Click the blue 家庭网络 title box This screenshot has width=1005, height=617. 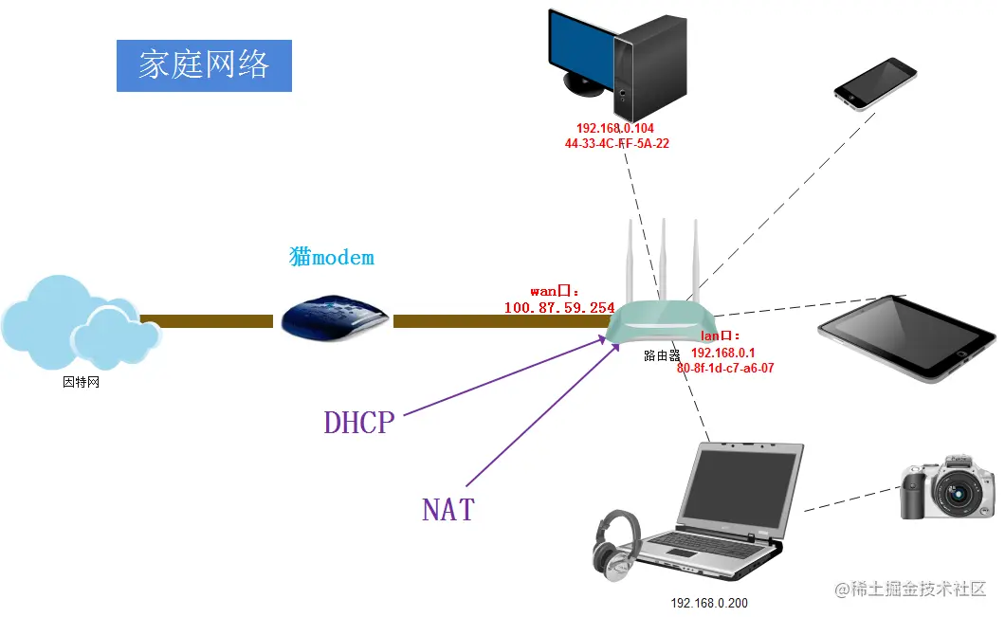click(x=204, y=65)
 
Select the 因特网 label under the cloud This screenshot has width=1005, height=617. click(x=81, y=383)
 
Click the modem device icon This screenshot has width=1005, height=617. click(x=334, y=317)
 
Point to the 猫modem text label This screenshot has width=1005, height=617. click(x=332, y=257)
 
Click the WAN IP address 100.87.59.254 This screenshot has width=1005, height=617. click(x=558, y=308)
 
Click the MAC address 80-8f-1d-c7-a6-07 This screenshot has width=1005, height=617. click(x=725, y=368)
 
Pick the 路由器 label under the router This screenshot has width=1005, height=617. click(x=662, y=355)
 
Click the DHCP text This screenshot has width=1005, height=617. click(x=358, y=422)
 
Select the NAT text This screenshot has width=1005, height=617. click(x=448, y=510)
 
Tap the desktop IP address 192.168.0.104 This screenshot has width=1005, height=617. click(x=615, y=128)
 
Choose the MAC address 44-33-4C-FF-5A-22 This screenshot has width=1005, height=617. click(x=616, y=144)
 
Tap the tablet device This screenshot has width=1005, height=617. click(x=905, y=337)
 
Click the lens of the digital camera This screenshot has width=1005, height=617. click(x=961, y=494)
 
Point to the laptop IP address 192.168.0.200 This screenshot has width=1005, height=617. click(x=709, y=603)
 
